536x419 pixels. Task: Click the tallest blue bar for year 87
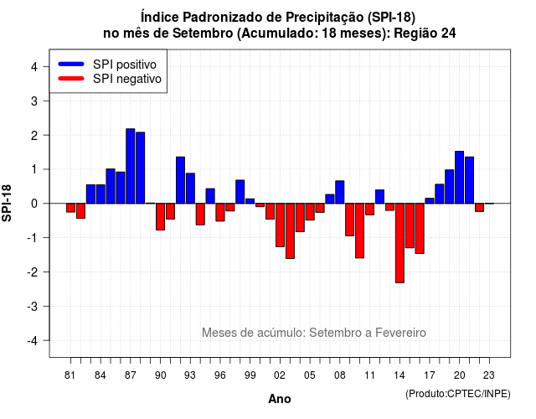coord(131,166)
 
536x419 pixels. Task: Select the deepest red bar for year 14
coord(399,243)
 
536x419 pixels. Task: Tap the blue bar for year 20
coord(460,177)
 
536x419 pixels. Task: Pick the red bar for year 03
coord(290,231)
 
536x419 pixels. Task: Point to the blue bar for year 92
coord(181,180)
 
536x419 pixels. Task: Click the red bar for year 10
coord(359,230)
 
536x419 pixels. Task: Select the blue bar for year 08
coord(340,192)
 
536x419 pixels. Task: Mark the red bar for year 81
coord(70,208)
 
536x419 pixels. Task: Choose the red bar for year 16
coord(420,229)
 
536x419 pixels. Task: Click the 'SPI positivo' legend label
coord(125,65)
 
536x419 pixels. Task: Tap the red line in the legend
coord(71,78)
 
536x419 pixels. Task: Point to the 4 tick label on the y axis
coord(34,67)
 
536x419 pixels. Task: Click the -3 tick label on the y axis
coord(32,306)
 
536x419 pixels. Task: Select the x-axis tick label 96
coord(220,375)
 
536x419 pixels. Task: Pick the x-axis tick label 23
coord(489,375)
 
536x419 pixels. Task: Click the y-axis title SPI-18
coord(7,203)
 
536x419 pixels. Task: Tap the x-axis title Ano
coord(280,399)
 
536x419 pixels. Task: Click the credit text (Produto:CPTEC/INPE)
coord(458,394)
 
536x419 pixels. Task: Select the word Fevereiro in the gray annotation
coord(400,333)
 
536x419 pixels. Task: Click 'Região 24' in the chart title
coord(425,34)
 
